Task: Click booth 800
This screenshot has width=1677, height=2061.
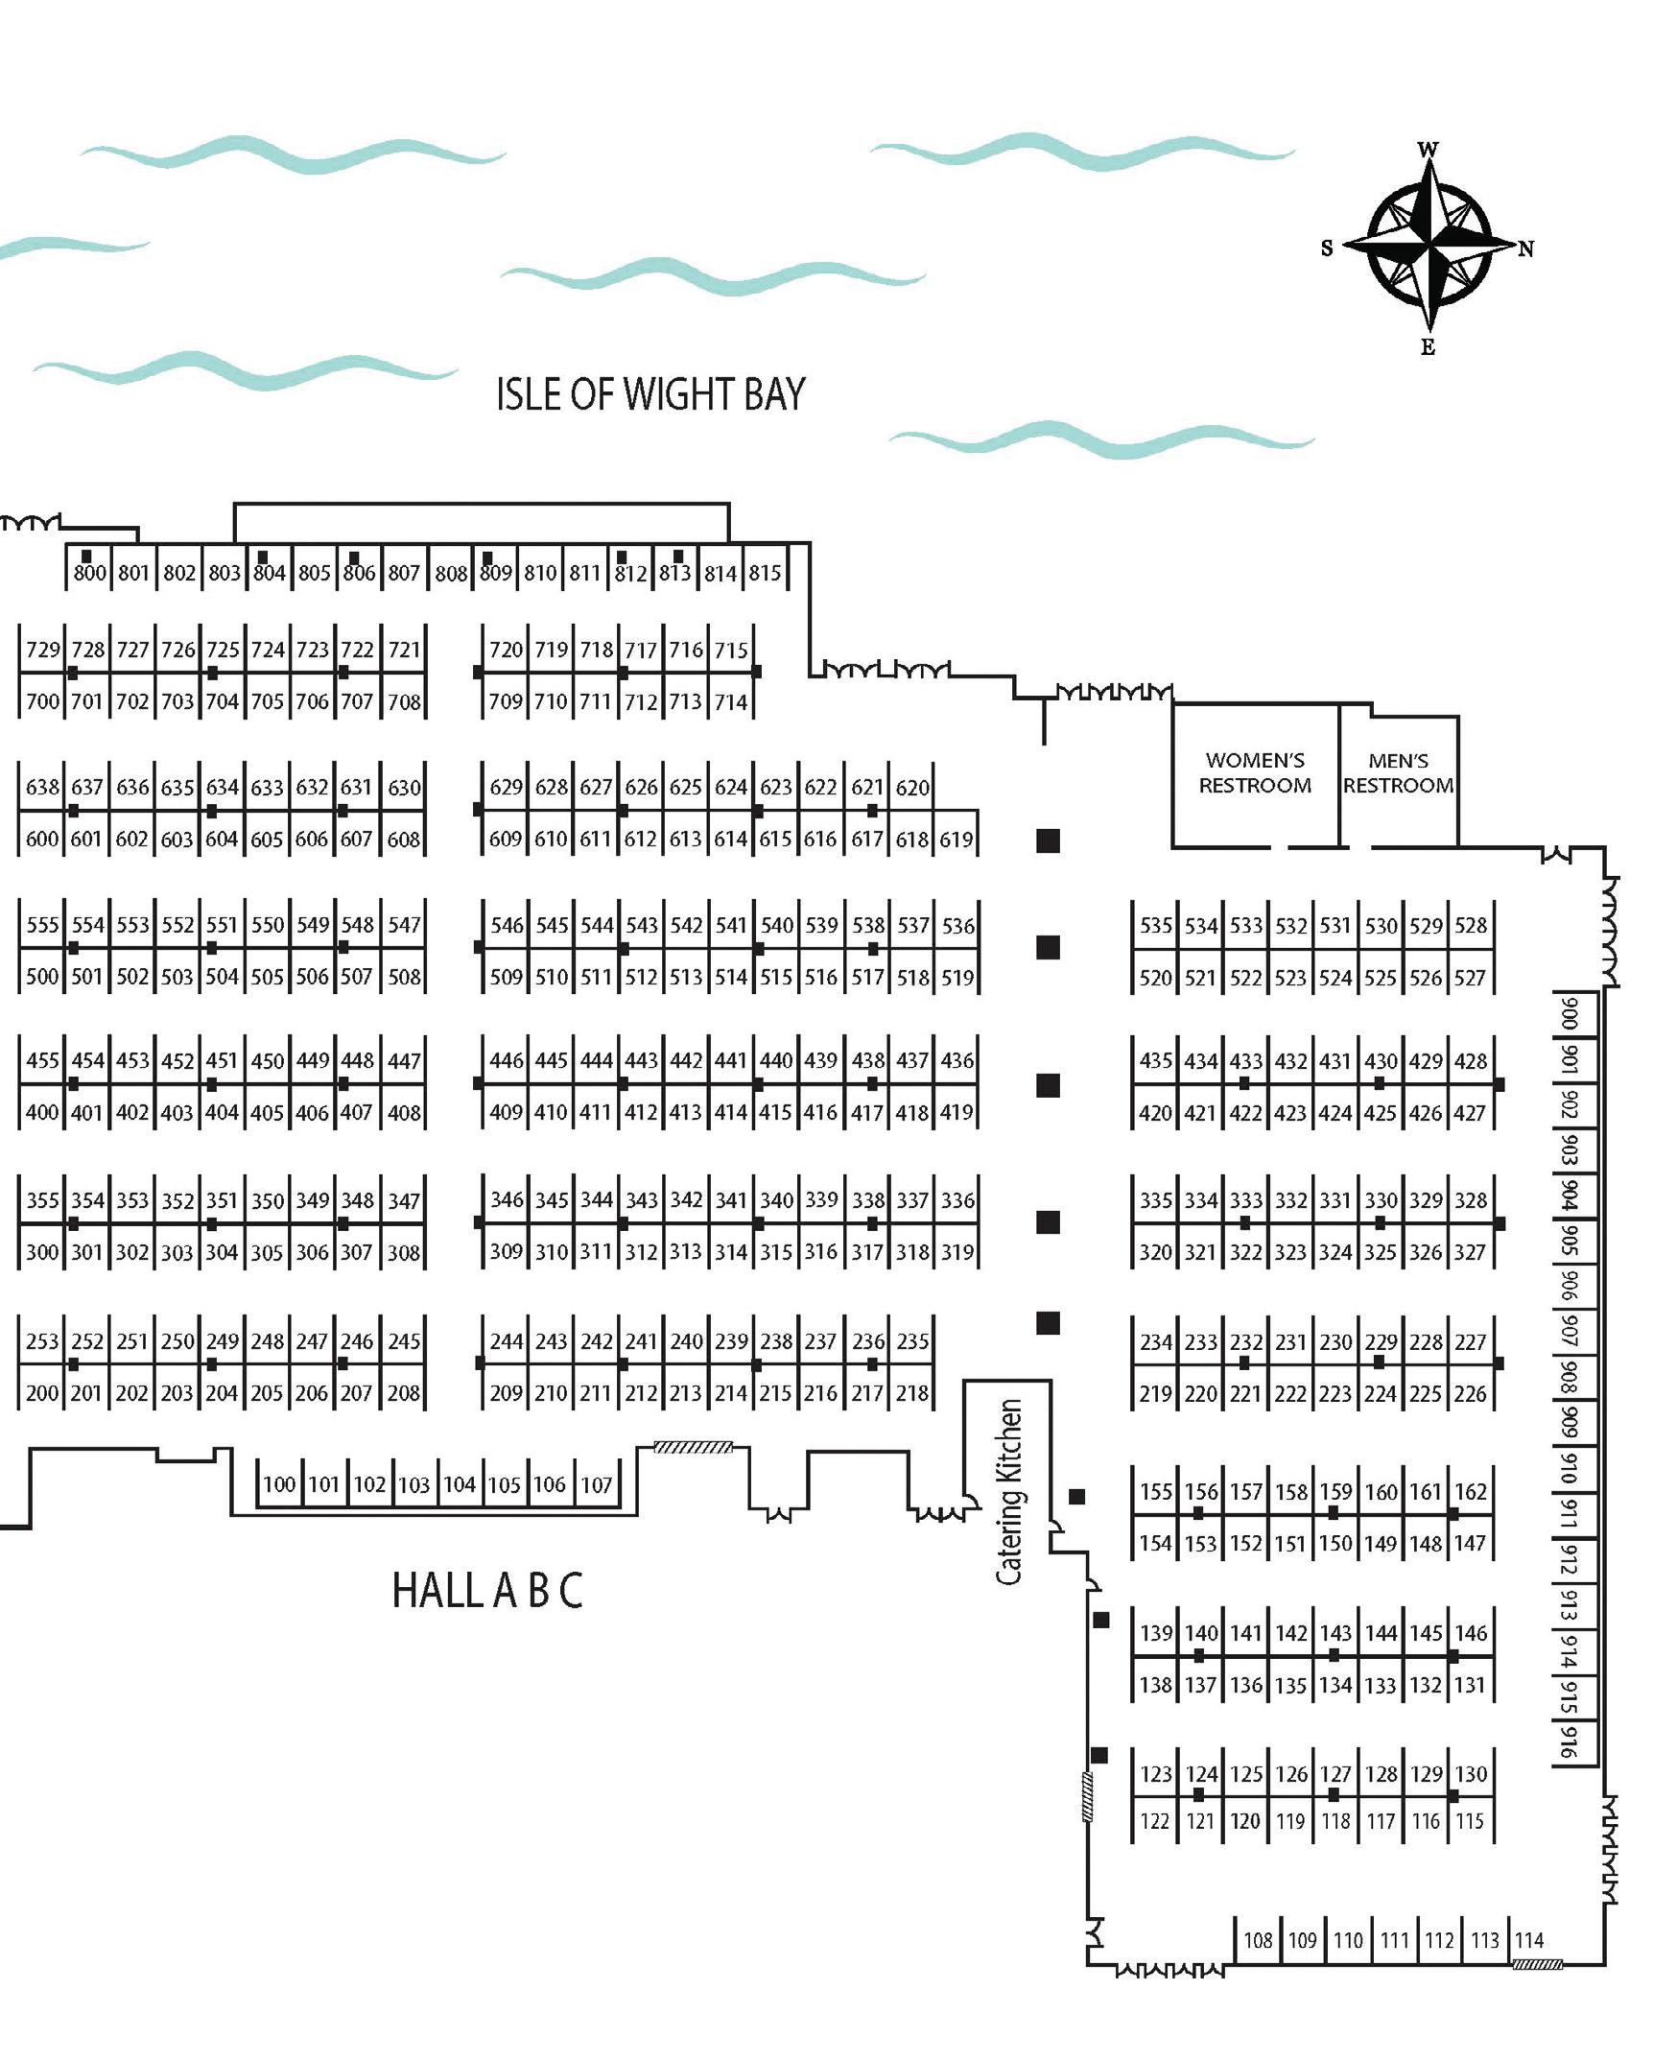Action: click(90, 572)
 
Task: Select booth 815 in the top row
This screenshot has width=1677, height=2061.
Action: click(764, 572)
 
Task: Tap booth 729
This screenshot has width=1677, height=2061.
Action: click(42, 650)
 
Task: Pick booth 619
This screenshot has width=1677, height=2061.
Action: click(957, 839)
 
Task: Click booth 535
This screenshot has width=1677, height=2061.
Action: click(1155, 925)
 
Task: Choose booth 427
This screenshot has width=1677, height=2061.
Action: click(1470, 1112)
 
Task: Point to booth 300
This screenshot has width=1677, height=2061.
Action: click(42, 1251)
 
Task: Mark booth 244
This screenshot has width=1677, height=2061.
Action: click(507, 1341)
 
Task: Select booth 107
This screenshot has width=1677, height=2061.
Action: click(596, 1484)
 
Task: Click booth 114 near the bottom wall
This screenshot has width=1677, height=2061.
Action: click(1528, 1939)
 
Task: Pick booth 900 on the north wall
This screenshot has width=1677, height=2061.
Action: click(1569, 1013)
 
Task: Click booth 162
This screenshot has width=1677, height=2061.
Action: click(1471, 1491)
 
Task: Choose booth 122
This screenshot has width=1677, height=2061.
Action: click(1154, 1821)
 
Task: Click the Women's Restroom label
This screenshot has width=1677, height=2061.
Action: click(1255, 773)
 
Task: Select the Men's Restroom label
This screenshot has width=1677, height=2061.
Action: click(1398, 773)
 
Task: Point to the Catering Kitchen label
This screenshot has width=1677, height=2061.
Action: click(1008, 1492)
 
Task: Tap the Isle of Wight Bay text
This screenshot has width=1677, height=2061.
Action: click(650, 394)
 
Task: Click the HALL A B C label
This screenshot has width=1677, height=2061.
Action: click(487, 1591)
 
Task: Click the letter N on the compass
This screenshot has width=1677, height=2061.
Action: click(1525, 249)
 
